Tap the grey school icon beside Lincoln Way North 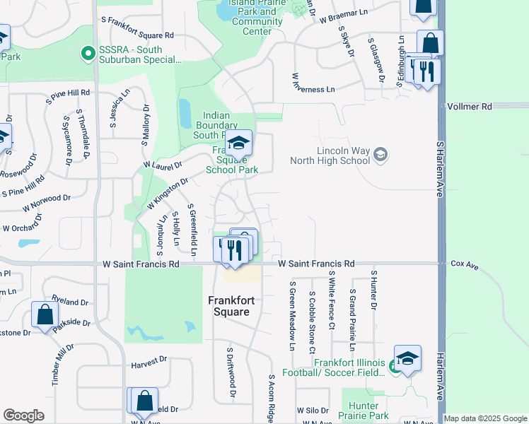380,154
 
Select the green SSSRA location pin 88,52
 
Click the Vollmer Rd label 469,106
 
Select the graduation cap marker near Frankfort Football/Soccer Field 407,359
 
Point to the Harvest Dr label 149,359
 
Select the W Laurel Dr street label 162,164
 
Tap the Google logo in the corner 23,416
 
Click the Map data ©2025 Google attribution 484,419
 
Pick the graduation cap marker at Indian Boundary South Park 239,145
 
